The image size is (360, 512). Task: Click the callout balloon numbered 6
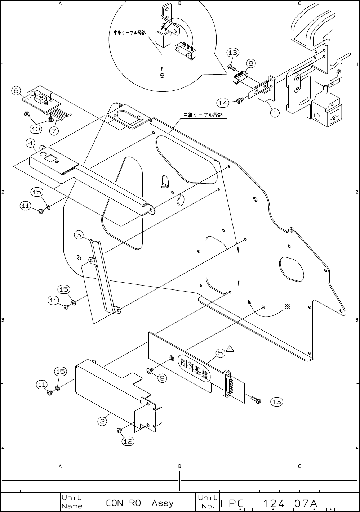coord(16,90)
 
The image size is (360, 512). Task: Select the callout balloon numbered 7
coord(54,130)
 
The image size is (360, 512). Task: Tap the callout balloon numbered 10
coord(36,128)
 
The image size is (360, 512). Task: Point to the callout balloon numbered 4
coord(30,143)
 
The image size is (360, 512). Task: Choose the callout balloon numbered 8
coord(251,63)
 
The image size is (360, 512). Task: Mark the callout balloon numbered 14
coord(222,103)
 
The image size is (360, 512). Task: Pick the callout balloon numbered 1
coord(275,113)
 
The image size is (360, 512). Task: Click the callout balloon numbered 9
coord(162,378)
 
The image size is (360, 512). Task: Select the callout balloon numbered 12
coord(128,441)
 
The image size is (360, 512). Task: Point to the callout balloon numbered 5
coord(221,353)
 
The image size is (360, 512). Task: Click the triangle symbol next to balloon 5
coord(230,349)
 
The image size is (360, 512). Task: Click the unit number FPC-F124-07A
coord(268,503)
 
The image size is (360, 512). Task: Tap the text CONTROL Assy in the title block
coord(139,503)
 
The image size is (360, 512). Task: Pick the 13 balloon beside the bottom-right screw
coord(276,402)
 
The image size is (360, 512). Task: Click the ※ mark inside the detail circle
coord(162,76)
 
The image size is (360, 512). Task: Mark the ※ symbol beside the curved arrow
coord(287,306)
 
